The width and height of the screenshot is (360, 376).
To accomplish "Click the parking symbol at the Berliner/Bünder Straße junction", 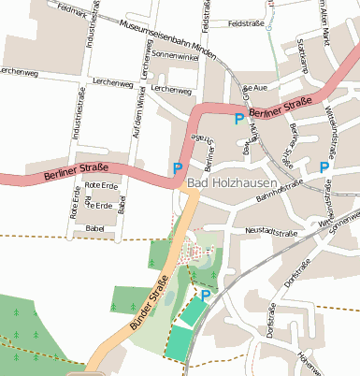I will coord(178,168).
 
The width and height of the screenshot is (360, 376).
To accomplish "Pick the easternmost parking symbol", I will coord(324,166).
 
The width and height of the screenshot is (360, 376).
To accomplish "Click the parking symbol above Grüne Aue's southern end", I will coord(239,119).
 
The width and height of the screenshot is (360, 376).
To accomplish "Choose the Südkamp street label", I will coord(301,56).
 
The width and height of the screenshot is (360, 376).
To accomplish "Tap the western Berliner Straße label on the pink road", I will coord(76,173).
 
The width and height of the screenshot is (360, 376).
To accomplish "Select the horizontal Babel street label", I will coord(94,228).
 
